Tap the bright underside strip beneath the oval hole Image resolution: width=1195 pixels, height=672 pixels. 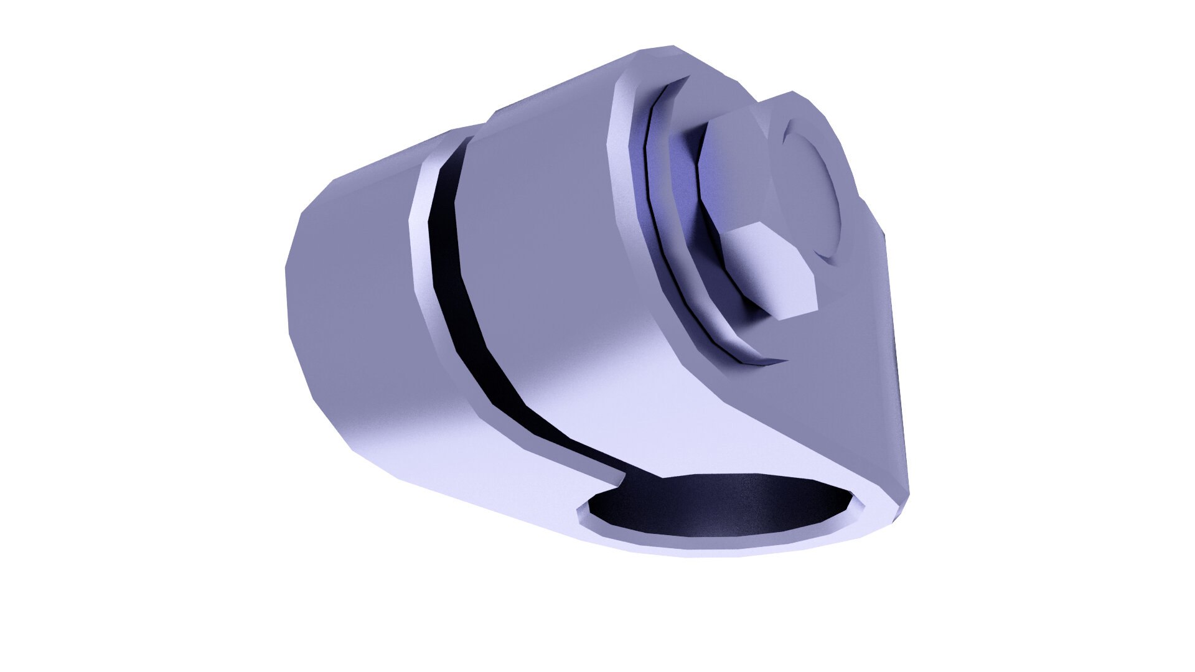click(716, 548)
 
